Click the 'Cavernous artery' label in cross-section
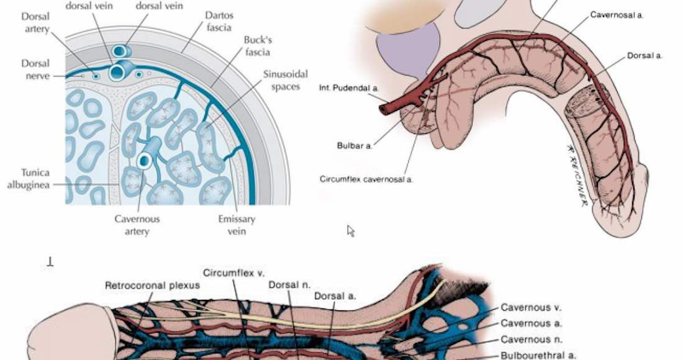coord(137,225)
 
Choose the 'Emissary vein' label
coord(237,225)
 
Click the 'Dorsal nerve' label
coord(35,70)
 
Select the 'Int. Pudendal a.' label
coord(349,89)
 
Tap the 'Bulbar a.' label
coord(355,145)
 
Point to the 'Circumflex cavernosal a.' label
coord(366,179)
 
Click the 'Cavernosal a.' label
coord(617,14)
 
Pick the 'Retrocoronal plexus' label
coord(153,286)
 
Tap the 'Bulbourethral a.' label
coord(538,356)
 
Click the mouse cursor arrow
coord(350,230)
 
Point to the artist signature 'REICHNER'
coord(577,176)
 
